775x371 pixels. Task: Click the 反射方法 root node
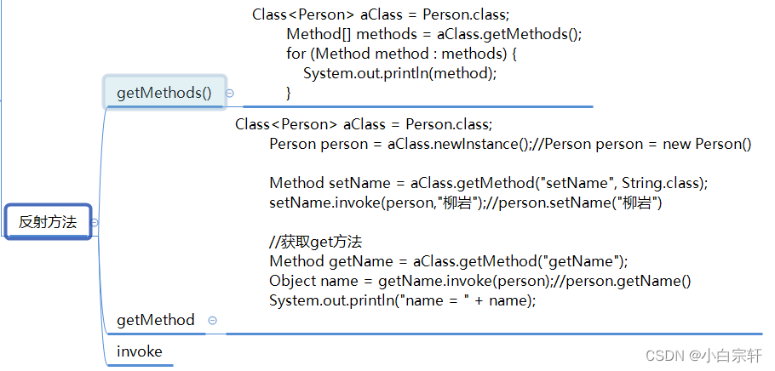[48, 222]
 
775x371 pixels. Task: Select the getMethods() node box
[164, 93]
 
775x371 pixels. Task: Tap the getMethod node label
[156, 320]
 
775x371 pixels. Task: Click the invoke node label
[140, 351]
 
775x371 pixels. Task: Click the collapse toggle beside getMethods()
[230, 94]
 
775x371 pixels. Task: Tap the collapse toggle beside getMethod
[213, 321]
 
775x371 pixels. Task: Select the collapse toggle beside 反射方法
[95, 223]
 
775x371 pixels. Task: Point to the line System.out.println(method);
[399, 72]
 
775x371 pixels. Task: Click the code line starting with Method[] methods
[433, 35]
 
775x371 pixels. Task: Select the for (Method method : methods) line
[402, 54]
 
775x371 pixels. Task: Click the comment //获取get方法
[315, 242]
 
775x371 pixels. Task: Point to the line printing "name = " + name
[402, 300]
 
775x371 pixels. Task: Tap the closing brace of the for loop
[289, 91]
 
